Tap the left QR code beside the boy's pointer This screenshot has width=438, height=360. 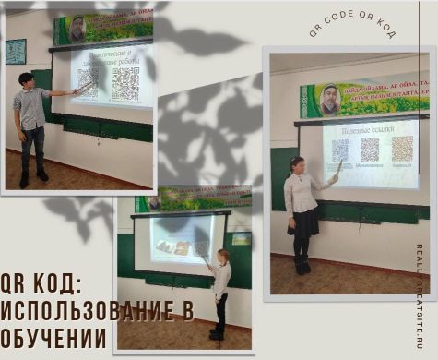88,83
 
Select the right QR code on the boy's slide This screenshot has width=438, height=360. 125,84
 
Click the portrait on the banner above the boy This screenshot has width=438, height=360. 77,29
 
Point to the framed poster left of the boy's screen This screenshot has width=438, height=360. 16,51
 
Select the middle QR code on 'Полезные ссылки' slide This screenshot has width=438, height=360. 370,150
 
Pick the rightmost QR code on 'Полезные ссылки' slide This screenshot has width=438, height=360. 402,149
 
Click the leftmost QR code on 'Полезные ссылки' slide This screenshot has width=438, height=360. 339,150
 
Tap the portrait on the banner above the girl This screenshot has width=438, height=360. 328,99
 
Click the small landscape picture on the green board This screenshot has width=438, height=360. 241,238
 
